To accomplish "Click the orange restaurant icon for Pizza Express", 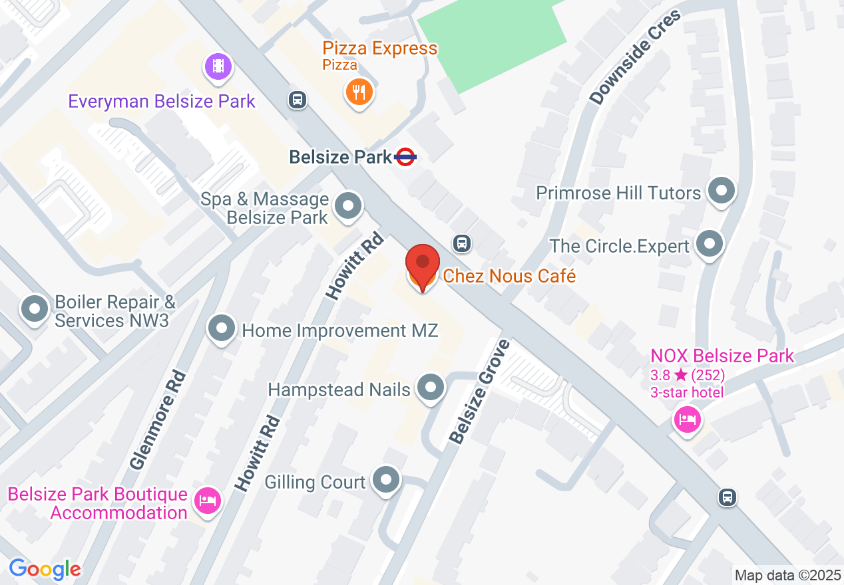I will pyautogui.click(x=359, y=91).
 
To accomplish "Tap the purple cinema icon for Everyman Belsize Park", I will pyautogui.click(x=218, y=66).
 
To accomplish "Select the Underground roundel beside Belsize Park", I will pyautogui.click(x=405, y=158).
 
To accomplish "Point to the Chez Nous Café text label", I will pyautogui.click(x=509, y=276).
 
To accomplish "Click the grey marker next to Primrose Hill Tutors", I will pyautogui.click(x=721, y=191).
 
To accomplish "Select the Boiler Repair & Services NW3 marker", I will pyautogui.click(x=35, y=309).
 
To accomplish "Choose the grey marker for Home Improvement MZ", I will pyautogui.click(x=222, y=328).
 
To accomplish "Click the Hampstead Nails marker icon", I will pyautogui.click(x=430, y=387).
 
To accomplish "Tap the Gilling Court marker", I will pyautogui.click(x=385, y=480).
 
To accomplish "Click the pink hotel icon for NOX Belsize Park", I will pyautogui.click(x=687, y=419).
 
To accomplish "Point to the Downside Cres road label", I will pyautogui.click(x=636, y=58).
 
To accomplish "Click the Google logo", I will pyautogui.click(x=45, y=569).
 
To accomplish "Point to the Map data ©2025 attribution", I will pyautogui.click(x=787, y=574).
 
